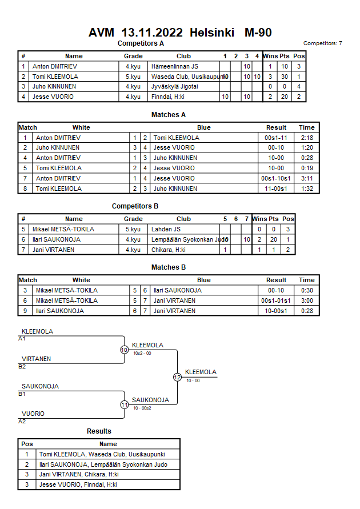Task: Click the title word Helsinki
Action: point(212,33)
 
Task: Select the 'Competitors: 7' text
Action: point(323,43)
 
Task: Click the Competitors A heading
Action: point(141,43)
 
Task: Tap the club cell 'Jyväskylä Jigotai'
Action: point(175,87)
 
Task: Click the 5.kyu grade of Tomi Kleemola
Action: point(133,77)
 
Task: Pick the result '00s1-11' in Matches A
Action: point(276,138)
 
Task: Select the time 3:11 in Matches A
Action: point(306,178)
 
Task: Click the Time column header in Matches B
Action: point(306,280)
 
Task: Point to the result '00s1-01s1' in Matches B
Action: point(276,300)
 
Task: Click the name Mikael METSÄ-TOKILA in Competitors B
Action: point(63,229)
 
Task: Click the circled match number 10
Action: point(124,350)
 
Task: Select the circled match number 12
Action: point(177,377)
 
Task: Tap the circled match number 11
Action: point(124,404)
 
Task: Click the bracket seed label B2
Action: point(22,366)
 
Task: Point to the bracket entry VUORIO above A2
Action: point(33,414)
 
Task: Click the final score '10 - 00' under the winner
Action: point(193,380)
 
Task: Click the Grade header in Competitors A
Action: point(133,56)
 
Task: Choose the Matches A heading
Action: point(169,115)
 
